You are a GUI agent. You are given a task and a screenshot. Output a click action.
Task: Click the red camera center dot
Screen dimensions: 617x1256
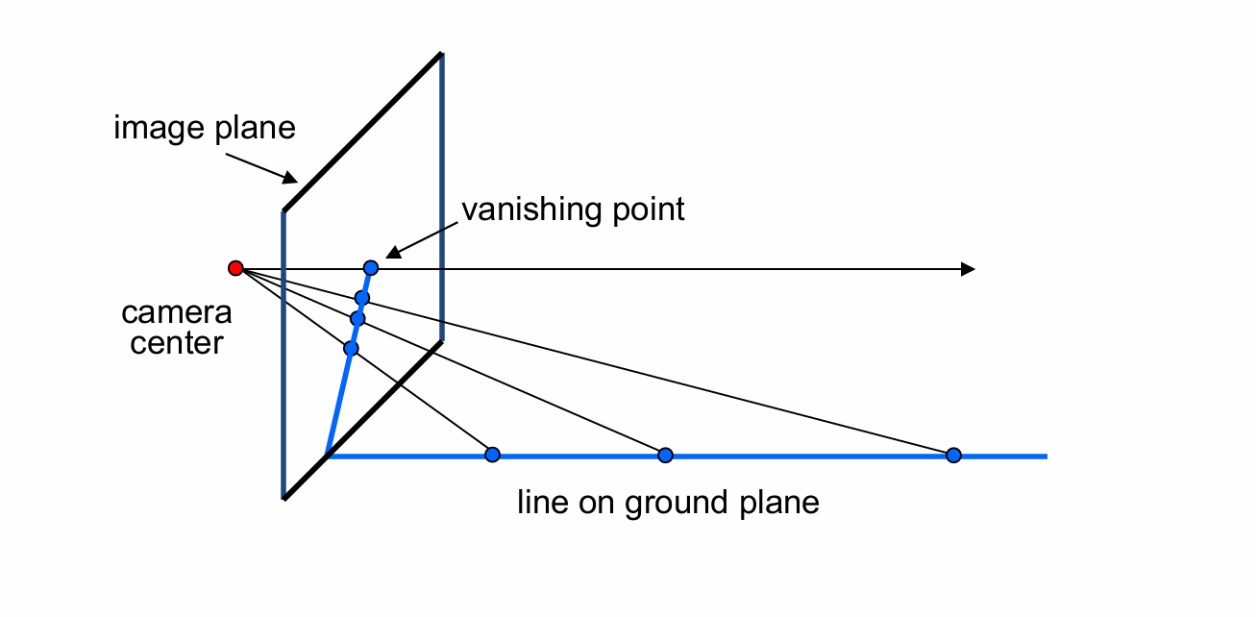click(x=235, y=268)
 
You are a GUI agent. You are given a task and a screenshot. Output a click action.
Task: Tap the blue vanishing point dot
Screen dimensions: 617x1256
click(x=371, y=268)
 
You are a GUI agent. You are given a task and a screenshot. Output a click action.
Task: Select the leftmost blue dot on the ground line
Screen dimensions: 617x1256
click(x=492, y=455)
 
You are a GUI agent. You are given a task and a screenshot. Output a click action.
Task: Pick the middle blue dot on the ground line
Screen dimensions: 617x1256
click(x=664, y=455)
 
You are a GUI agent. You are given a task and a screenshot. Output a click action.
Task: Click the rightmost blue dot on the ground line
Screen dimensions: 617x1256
click(x=953, y=455)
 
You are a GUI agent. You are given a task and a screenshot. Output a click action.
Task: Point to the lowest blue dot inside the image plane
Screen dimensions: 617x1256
click(x=351, y=348)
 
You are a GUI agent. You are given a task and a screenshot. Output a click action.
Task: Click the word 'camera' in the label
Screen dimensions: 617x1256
click(x=177, y=313)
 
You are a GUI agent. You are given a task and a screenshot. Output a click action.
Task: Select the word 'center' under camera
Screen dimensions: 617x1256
click(x=177, y=342)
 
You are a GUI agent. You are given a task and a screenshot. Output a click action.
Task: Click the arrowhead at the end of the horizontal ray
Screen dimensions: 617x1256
click(x=969, y=269)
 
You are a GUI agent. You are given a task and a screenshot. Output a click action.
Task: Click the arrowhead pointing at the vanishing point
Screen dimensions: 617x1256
click(x=391, y=253)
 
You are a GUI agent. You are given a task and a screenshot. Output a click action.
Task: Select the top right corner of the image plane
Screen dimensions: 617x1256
click(x=441, y=54)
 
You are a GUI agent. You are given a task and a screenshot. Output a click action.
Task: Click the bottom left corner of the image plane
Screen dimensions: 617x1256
click(x=284, y=498)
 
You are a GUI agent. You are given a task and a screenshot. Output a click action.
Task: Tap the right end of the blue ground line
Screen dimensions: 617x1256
click(x=1046, y=456)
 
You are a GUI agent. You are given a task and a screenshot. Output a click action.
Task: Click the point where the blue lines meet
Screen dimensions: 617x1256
click(x=328, y=455)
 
